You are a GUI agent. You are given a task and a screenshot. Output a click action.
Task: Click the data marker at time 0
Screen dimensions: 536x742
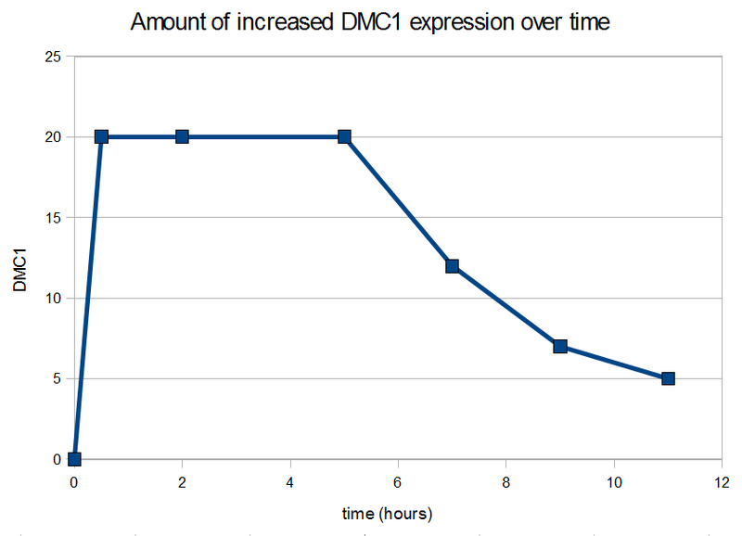tap(74, 459)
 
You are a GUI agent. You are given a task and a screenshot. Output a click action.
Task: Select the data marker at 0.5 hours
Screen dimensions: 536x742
tap(101, 136)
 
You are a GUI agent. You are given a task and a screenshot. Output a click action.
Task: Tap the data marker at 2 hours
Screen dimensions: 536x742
tap(182, 136)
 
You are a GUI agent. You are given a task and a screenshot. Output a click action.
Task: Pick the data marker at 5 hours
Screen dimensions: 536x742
tap(344, 136)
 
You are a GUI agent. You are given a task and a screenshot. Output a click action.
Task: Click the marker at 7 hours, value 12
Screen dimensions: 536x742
tap(452, 266)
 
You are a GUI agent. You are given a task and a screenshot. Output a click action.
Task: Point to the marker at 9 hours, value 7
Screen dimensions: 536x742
tap(560, 346)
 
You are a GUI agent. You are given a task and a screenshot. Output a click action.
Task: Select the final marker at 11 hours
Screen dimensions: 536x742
tap(668, 378)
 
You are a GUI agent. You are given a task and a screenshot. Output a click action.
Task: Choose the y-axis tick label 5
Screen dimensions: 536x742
tap(58, 378)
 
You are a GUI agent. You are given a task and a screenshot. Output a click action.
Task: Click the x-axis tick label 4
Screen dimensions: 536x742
tap(290, 482)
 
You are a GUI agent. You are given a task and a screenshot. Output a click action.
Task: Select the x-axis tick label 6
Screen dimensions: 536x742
tap(398, 482)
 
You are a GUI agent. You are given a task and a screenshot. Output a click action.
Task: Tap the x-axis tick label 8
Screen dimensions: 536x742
tap(505, 482)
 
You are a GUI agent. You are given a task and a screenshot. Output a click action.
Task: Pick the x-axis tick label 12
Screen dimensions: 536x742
tap(722, 482)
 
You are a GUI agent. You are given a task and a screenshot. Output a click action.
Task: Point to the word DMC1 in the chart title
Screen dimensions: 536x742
tap(370, 22)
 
